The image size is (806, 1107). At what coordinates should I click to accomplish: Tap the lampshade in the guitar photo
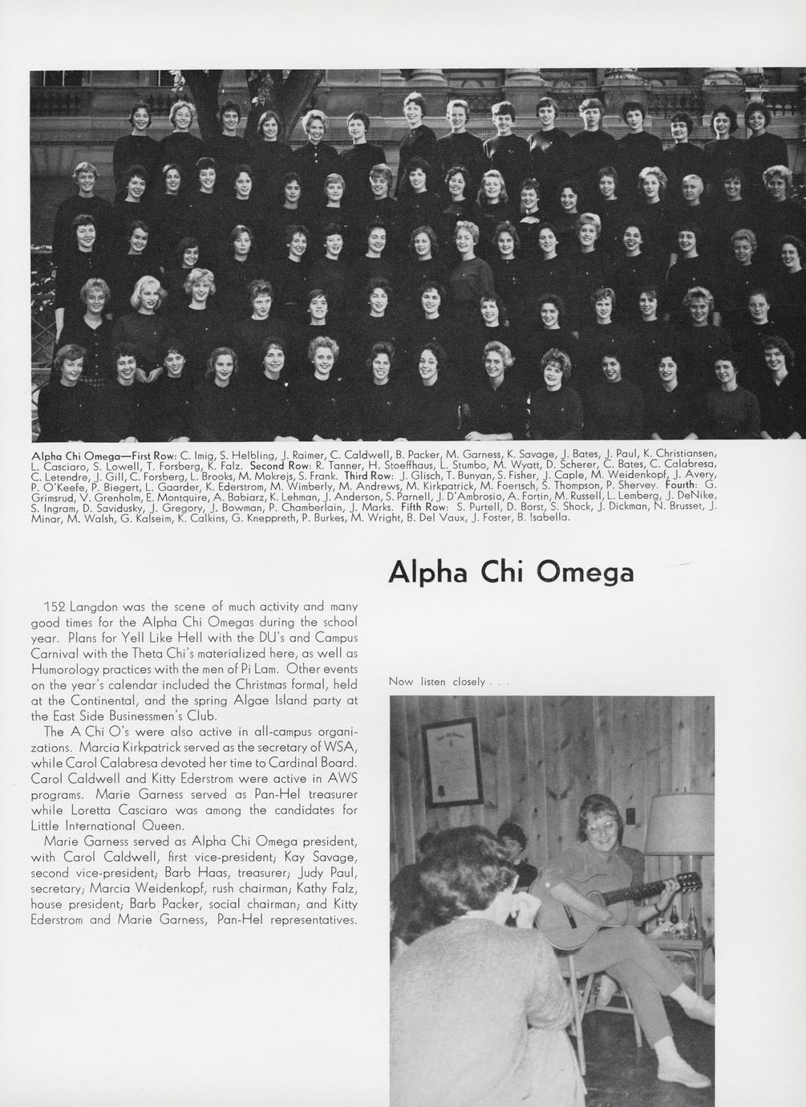(x=678, y=824)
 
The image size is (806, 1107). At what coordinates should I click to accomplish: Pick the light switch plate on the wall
(x=630, y=816)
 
